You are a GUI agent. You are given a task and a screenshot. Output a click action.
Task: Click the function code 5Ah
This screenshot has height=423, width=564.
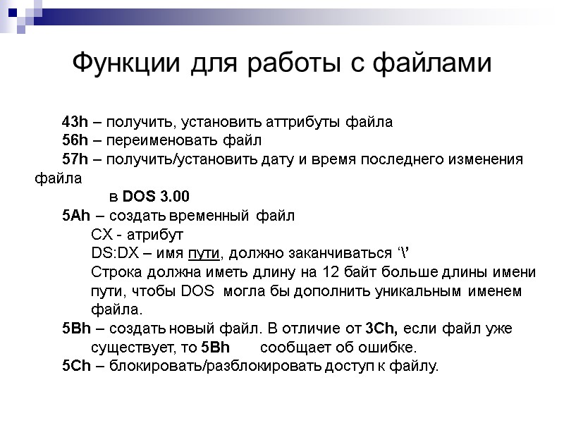click(74, 214)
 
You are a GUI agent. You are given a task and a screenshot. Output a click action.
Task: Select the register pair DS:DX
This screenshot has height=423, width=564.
click(113, 252)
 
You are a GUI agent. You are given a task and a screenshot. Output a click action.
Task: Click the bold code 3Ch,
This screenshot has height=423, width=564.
click(381, 329)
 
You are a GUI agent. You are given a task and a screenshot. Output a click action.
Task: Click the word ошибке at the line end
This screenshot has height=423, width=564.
click(390, 348)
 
